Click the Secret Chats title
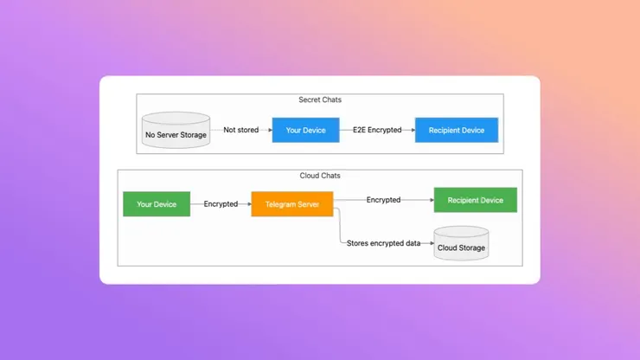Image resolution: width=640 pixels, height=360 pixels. click(320, 100)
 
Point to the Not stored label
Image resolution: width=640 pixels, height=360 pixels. click(240, 131)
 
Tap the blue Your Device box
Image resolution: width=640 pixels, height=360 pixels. click(305, 131)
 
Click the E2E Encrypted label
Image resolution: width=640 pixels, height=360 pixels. click(377, 131)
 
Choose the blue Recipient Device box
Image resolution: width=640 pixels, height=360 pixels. click(457, 131)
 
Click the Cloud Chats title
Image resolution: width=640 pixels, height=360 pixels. click(320, 176)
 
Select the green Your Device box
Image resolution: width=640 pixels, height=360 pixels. click(157, 204)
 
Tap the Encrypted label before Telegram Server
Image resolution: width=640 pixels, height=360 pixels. click(221, 204)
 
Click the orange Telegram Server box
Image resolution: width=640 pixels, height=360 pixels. click(292, 204)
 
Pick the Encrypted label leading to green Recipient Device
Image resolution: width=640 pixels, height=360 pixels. click(383, 200)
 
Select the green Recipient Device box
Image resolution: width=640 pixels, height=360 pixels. click(475, 200)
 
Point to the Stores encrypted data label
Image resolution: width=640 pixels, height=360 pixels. click(383, 243)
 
